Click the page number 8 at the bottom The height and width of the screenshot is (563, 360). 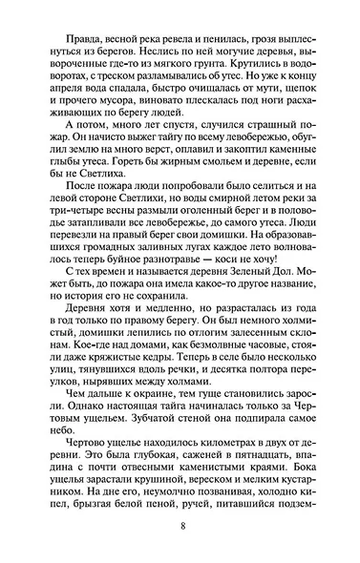pos(180,525)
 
